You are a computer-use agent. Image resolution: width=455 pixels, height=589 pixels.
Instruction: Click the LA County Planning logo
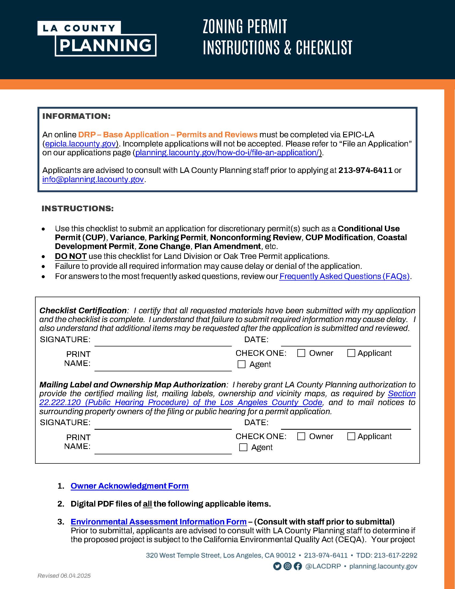click(97, 38)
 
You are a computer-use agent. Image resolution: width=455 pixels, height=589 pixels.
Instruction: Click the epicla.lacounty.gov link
click(80, 144)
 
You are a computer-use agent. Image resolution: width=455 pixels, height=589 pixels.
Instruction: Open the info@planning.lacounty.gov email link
click(93, 179)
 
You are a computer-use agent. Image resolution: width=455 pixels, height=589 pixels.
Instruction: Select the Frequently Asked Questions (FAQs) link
click(344, 277)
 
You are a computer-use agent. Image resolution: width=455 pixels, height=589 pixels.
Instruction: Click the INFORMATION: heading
click(76, 116)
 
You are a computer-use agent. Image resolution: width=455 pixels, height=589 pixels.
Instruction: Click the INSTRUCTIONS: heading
click(78, 209)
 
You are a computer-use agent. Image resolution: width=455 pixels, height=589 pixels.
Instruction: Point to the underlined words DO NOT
click(71, 256)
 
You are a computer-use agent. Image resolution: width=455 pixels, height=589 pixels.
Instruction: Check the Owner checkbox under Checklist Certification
click(301, 353)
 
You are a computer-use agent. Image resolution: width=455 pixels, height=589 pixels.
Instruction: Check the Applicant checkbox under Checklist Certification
click(351, 353)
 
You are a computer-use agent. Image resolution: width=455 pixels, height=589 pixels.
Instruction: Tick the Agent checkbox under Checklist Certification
click(241, 364)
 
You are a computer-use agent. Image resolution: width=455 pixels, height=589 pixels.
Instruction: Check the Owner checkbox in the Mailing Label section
click(301, 436)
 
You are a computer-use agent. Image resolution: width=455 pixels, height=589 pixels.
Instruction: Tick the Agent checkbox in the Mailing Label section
click(243, 447)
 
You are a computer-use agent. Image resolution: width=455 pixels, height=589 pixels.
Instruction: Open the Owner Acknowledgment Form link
click(130, 486)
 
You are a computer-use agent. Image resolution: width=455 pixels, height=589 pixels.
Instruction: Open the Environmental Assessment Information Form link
click(158, 522)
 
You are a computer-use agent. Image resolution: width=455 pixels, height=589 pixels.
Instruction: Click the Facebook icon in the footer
click(298, 566)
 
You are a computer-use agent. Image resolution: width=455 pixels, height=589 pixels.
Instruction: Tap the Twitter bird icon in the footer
click(277, 566)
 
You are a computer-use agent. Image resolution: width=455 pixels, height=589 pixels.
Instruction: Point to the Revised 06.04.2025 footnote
click(64, 576)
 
